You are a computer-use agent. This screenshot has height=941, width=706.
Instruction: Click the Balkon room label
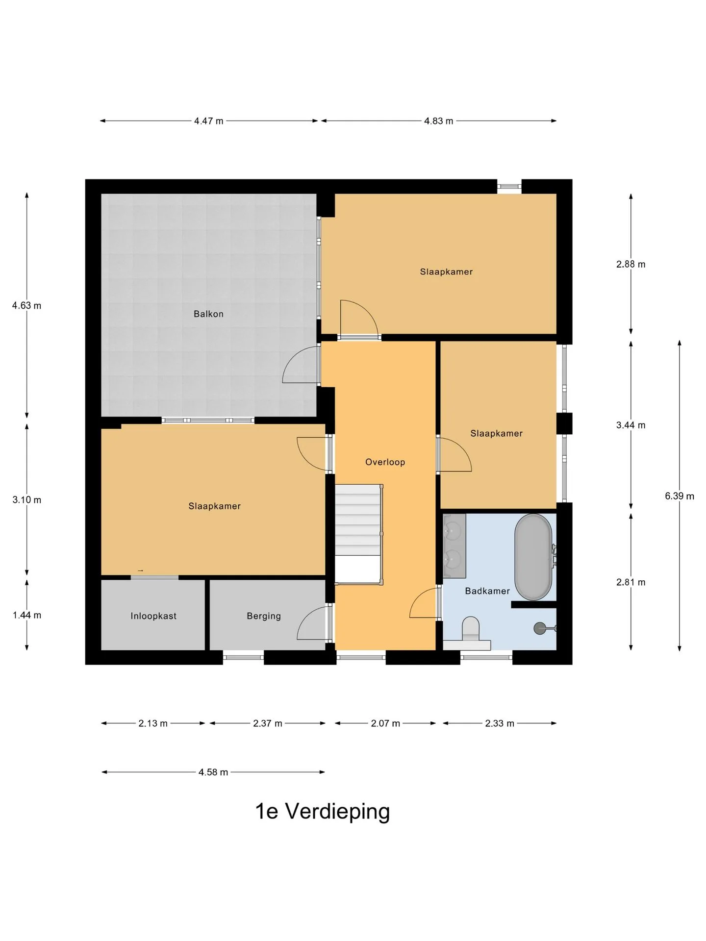(208, 314)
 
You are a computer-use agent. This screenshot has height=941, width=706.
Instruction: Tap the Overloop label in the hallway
(385, 462)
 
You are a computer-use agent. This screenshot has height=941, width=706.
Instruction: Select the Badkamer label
(487, 591)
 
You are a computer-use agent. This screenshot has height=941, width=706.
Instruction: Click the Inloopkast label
(153, 616)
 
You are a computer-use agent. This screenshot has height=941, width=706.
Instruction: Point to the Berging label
(264, 616)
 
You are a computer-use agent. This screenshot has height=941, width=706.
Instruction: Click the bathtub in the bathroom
(533, 557)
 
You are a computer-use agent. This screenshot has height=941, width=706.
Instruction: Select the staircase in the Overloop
(358, 534)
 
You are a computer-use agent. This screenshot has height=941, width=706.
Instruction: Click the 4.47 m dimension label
(208, 121)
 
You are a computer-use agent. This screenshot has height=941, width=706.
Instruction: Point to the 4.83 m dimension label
(438, 121)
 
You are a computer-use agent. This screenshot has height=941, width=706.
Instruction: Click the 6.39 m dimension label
(680, 496)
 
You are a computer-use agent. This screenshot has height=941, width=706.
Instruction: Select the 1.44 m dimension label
(27, 615)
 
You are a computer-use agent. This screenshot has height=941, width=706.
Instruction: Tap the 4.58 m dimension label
(213, 772)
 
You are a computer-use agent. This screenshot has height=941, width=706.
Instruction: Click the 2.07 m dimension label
(385, 723)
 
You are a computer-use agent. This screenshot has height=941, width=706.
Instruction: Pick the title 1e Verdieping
(323, 811)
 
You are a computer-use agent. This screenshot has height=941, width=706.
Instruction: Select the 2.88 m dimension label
(631, 264)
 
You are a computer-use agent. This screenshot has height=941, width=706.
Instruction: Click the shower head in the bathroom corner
(541, 628)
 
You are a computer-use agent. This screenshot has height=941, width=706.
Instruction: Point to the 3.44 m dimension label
(631, 425)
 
